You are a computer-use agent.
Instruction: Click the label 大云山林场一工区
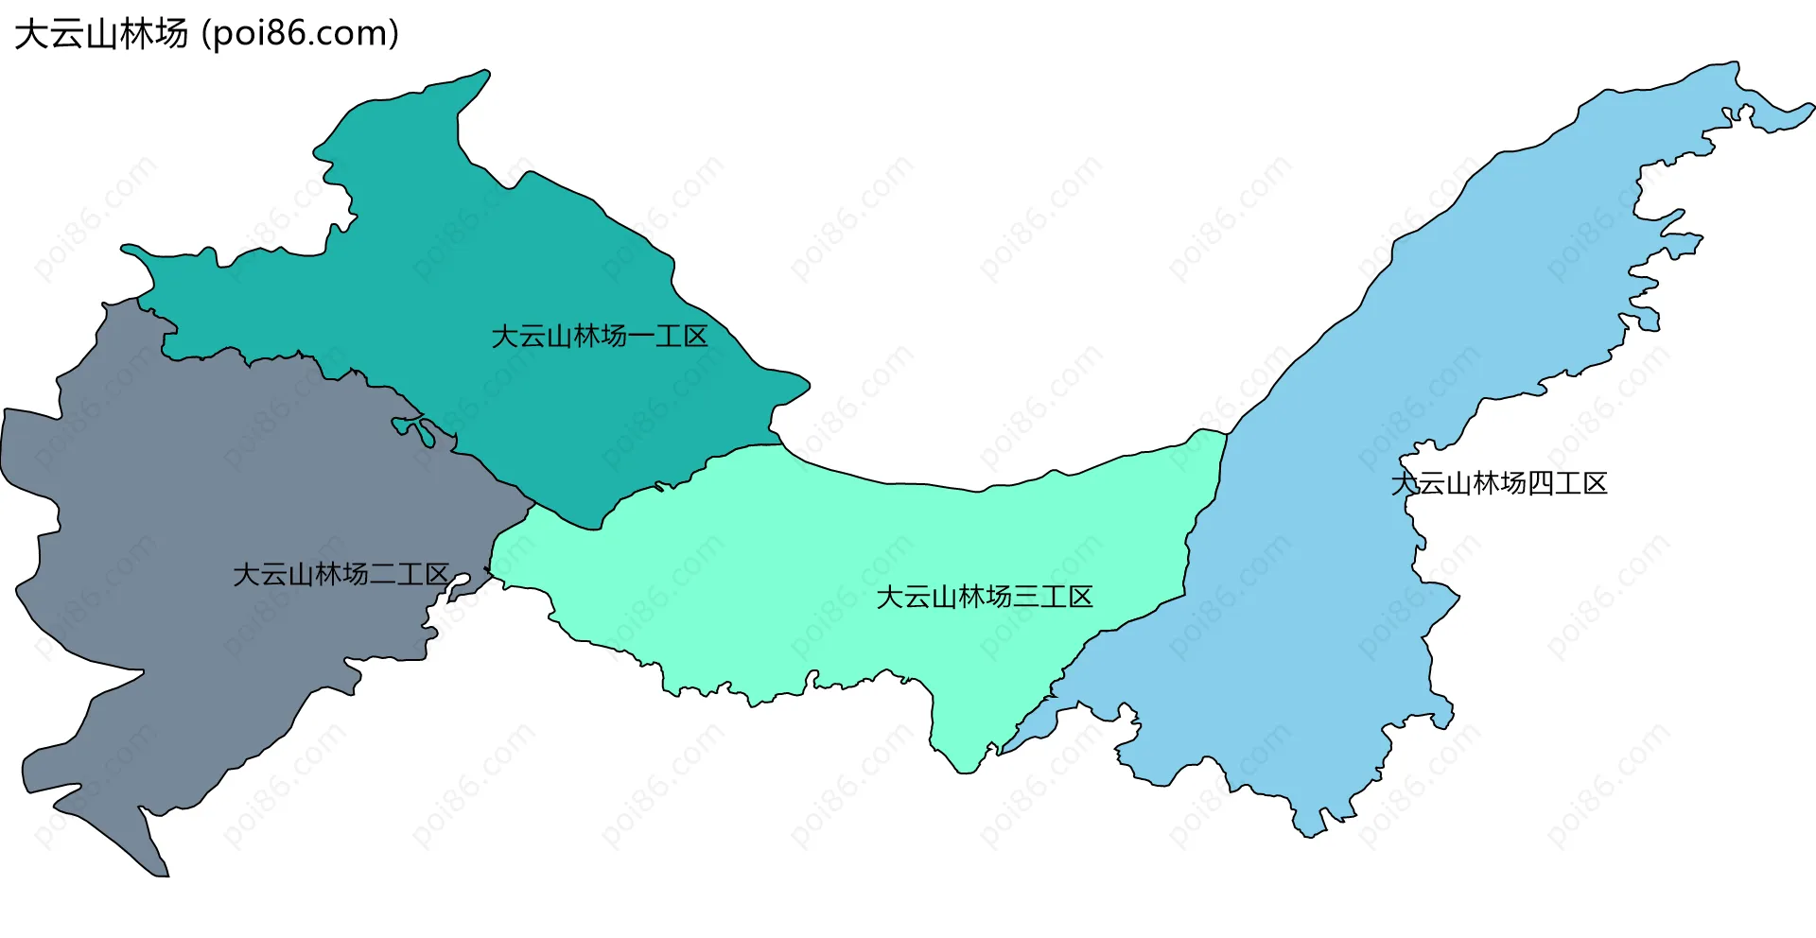click(600, 337)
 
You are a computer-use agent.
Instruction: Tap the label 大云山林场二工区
click(340, 575)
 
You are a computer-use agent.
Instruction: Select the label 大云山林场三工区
click(985, 598)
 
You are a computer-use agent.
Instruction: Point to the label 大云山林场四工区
click(1499, 484)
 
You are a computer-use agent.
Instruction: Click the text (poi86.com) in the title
click(301, 34)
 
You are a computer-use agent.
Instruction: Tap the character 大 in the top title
click(30, 34)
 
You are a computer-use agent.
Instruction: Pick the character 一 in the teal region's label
click(640, 337)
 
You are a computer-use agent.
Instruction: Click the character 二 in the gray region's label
click(382, 575)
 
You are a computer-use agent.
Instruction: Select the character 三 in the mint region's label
click(1026, 598)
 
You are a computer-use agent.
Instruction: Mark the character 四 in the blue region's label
click(1541, 484)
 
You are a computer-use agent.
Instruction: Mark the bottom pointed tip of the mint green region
click(966, 770)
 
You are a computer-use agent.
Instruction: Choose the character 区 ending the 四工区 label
click(1596, 484)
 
